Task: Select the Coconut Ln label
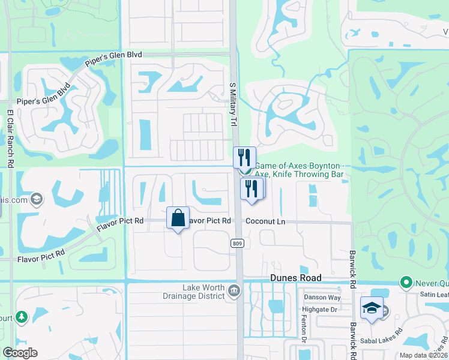[x=265, y=221]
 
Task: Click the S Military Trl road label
[x=234, y=104]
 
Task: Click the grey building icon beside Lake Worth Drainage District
[x=234, y=292]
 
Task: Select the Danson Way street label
[x=322, y=297]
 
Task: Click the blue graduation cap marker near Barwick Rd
[x=372, y=308]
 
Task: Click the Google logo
[x=20, y=353]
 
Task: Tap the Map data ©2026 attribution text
[x=423, y=355]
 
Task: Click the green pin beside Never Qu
[x=406, y=281]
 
